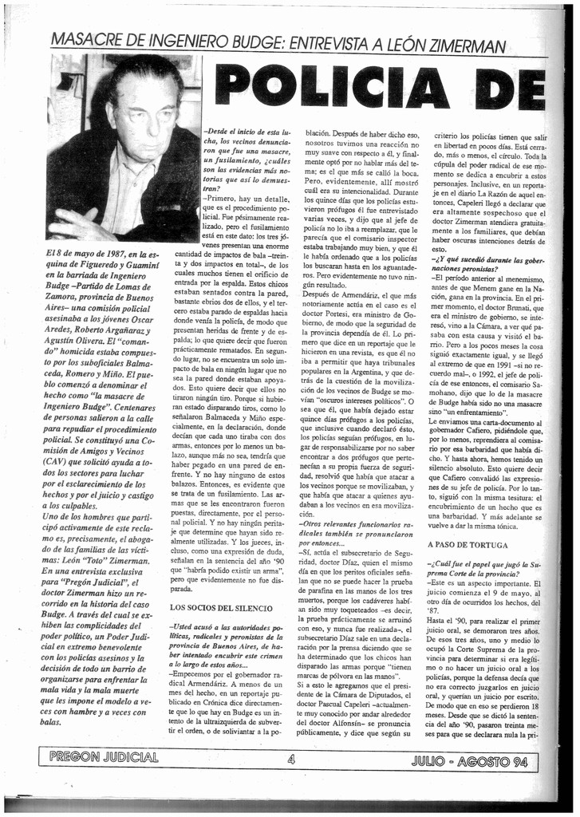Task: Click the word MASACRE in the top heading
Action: [x=85, y=40]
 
